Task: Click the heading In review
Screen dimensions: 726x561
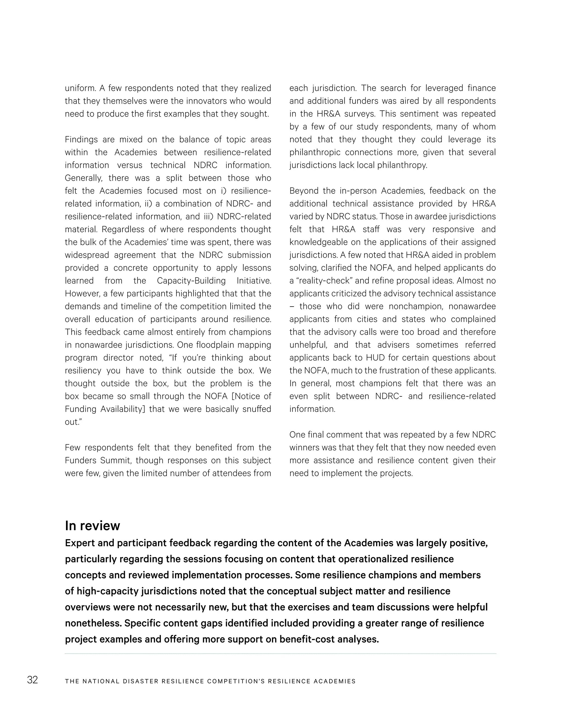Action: click(92, 525)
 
